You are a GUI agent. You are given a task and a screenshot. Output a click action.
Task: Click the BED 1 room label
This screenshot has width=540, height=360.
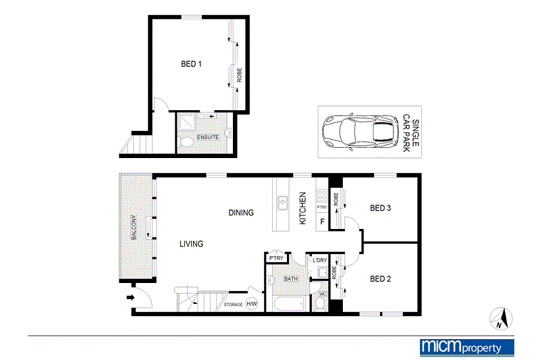191,65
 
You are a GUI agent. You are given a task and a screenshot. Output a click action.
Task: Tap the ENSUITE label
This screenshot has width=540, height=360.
207,138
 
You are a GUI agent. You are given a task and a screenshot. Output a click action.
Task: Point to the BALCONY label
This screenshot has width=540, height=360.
134,228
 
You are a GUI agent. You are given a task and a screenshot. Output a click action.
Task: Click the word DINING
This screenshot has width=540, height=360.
241,213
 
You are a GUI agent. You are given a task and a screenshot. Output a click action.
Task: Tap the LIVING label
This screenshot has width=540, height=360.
191,244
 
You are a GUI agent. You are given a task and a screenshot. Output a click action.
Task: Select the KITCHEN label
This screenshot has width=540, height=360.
303,208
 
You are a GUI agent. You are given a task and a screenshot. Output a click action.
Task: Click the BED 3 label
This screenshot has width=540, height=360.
381,208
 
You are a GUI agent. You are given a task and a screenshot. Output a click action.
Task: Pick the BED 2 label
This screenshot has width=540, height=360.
381,278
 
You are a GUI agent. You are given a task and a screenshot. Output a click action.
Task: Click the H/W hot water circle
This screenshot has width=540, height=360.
252,305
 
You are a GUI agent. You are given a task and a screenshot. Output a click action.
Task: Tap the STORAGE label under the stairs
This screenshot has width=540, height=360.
233,305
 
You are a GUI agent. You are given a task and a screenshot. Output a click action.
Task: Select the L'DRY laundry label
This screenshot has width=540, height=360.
319,261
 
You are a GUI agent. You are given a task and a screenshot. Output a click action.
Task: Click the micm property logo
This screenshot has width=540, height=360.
466,346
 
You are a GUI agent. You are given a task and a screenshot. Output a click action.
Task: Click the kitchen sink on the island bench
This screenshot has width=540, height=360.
283,202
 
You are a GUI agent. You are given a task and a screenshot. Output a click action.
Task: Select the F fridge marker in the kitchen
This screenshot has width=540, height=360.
322,221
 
